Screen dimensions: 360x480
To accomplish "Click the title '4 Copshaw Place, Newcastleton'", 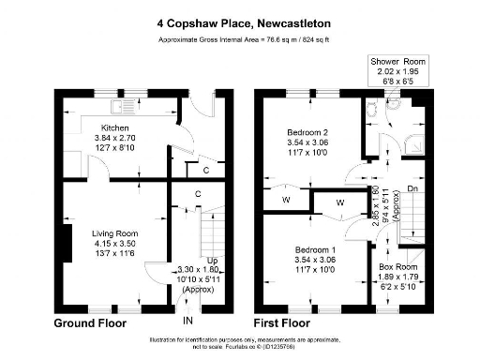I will (x=240, y=20).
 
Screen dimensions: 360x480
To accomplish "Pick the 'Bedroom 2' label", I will (x=307, y=132).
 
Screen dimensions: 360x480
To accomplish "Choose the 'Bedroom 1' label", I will (x=307, y=251).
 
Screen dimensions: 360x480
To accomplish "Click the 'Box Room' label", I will (x=399, y=266).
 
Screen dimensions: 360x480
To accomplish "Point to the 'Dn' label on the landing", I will (x=412, y=190).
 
